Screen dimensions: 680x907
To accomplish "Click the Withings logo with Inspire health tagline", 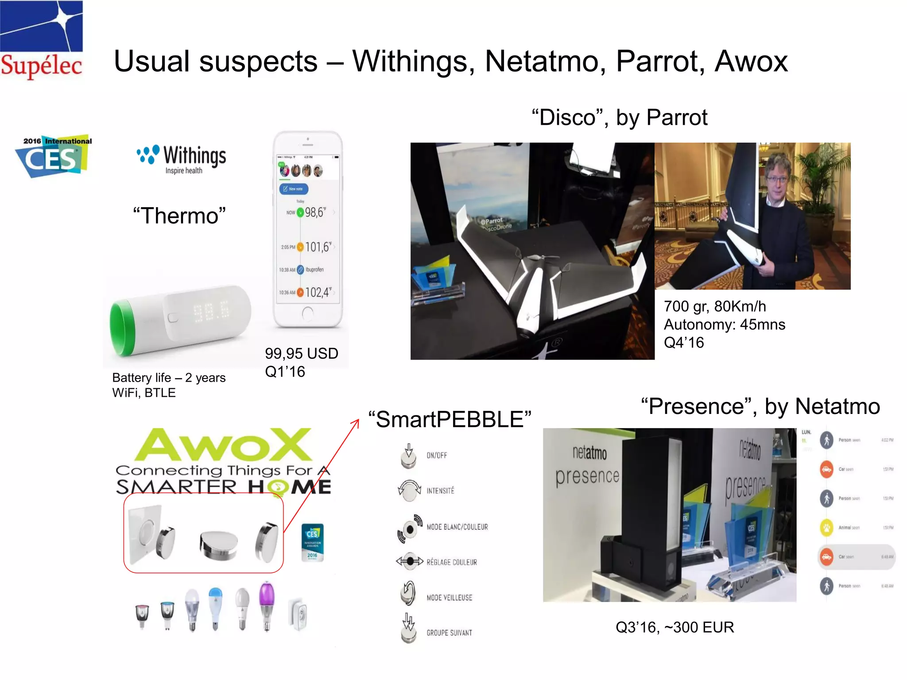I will [182, 158].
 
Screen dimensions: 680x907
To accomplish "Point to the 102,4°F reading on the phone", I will [317, 292].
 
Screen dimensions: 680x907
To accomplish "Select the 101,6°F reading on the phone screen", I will [317, 247].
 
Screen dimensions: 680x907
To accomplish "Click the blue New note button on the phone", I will [293, 189].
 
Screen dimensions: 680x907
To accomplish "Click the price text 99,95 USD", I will [301, 353].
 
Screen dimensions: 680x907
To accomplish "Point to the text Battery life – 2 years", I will [169, 378].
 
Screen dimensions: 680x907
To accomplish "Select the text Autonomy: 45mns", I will [724, 325].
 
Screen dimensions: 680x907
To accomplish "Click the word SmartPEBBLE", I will [450, 419].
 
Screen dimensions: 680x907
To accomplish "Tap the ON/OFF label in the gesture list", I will [436, 455].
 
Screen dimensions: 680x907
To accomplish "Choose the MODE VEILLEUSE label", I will [449, 598].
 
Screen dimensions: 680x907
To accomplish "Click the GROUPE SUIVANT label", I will [449, 633].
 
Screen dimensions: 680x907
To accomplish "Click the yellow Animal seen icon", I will [826, 527].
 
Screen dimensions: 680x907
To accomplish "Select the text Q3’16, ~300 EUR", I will [674, 627].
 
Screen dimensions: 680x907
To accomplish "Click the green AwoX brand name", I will [224, 445].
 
